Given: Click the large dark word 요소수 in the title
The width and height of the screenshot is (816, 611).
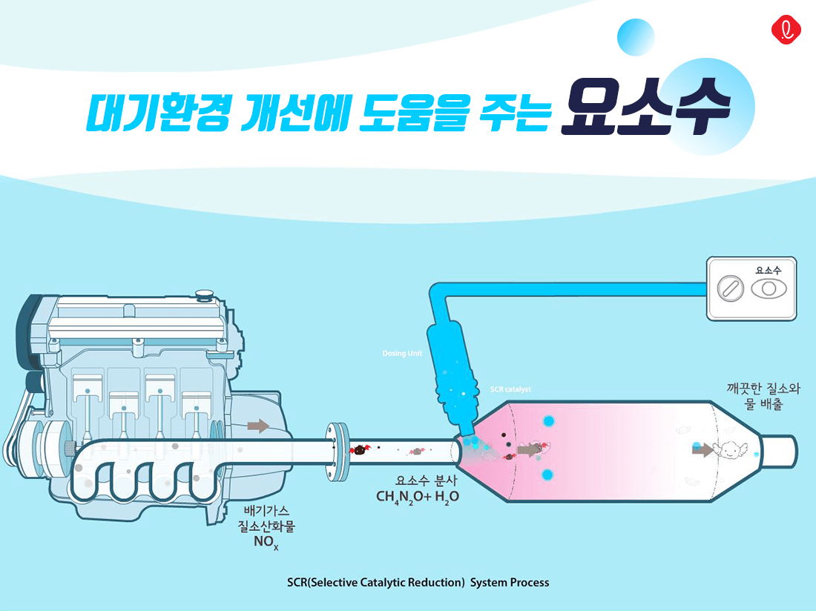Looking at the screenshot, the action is point(645,113).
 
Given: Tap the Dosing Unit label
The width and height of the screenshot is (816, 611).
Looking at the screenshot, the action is point(402,354).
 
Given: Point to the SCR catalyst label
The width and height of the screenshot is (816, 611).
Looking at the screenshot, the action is point(510,389).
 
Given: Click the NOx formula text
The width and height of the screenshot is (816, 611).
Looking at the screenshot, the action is point(265,543).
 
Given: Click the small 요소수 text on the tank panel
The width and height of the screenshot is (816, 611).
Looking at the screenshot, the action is point(768,271).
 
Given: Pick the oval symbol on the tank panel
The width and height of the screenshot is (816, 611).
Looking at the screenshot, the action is point(769,288).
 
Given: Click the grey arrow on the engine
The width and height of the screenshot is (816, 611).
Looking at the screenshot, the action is point(258,426).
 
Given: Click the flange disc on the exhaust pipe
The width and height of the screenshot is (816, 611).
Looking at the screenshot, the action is point(338,449).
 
